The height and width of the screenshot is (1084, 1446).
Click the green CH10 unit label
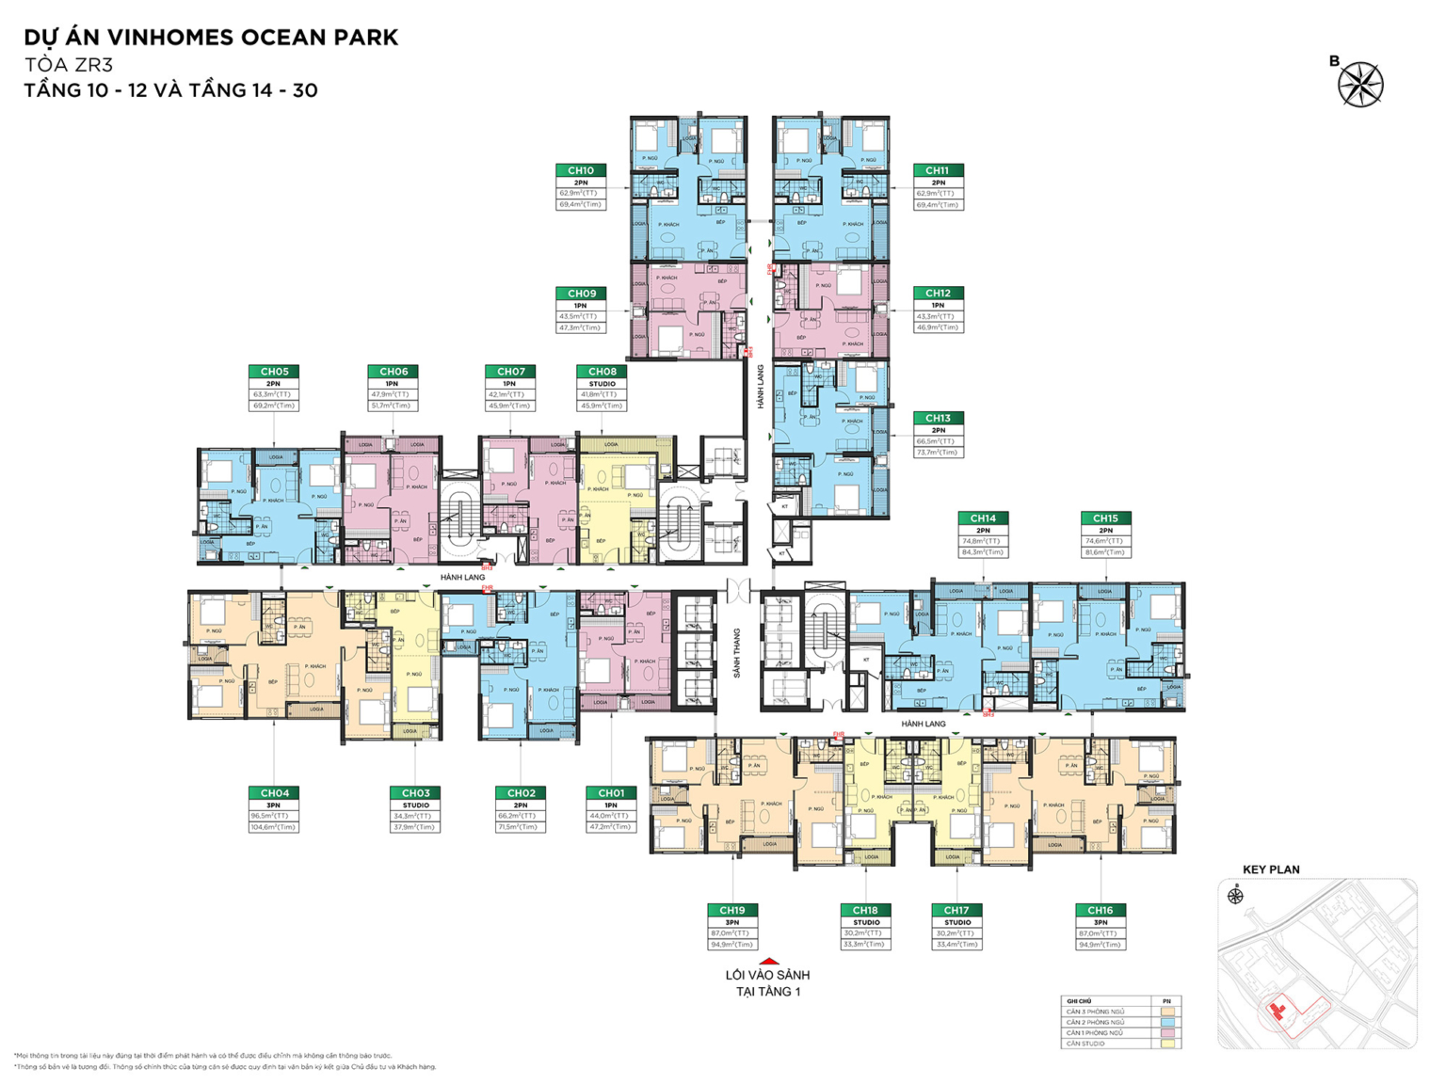(x=581, y=170)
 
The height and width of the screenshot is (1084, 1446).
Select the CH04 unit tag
(x=274, y=793)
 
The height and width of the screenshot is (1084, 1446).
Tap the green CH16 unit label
(x=1101, y=910)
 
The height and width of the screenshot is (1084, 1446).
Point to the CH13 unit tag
(x=938, y=418)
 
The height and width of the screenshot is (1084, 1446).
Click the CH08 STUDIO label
(x=602, y=384)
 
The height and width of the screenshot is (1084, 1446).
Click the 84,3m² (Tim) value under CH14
(x=983, y=552)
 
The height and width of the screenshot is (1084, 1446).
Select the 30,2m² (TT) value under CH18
(x=866, y=933)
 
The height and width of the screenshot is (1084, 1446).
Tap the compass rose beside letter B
(x=1360, y=85)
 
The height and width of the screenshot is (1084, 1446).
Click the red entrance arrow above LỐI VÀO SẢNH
(x=768, y=962)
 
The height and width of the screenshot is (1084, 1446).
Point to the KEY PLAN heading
(x=1271, y=869)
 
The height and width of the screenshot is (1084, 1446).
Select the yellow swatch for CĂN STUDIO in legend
(x=1167, y=1044)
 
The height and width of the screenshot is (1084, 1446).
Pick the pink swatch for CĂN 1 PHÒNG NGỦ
(x=1167, y=1033)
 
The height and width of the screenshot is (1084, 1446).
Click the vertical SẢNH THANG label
(x=737, y=653)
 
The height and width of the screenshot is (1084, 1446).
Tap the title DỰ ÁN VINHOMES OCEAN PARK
(x=211, y=38)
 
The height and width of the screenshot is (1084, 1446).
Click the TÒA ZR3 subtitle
(x=69, y=65)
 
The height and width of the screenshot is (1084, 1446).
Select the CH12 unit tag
(x=938, y=294)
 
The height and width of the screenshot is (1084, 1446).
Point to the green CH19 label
(x=732, y=910)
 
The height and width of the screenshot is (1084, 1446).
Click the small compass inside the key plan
(x=1235, y=896)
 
